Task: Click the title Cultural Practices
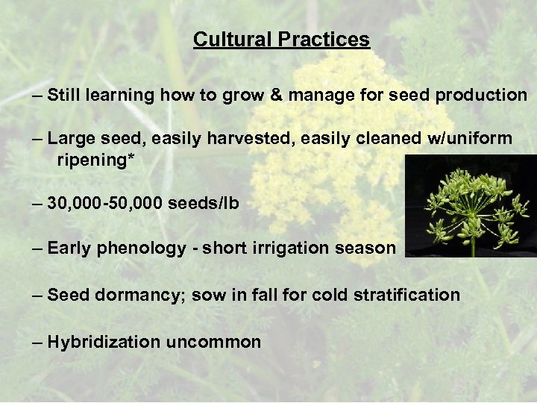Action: [x=281, y=39]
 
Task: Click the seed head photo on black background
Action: [x=470, y=206]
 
